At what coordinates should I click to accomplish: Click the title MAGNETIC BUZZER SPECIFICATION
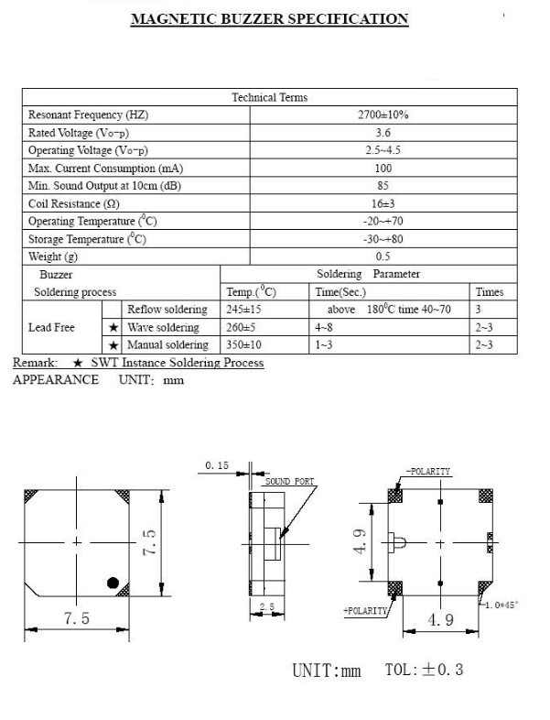[270, 18]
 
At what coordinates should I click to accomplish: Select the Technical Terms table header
[270, 97]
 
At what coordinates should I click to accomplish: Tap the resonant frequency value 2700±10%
[383, 115]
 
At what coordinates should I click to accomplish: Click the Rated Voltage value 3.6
[383, 133]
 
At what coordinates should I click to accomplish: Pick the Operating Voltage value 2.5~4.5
[383, 150]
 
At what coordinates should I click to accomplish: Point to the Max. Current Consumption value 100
[383, 168]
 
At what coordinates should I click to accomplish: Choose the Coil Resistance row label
[74, 203]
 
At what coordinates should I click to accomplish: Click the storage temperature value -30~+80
[383, 239]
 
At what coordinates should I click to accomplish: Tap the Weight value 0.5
[383, 256]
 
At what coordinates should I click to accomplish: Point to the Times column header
[489, 292]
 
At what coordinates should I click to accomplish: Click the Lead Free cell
[52, 327]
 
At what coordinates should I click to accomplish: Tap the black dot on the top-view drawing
[113, 583]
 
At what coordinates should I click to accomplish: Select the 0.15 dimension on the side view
[217, 465]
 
